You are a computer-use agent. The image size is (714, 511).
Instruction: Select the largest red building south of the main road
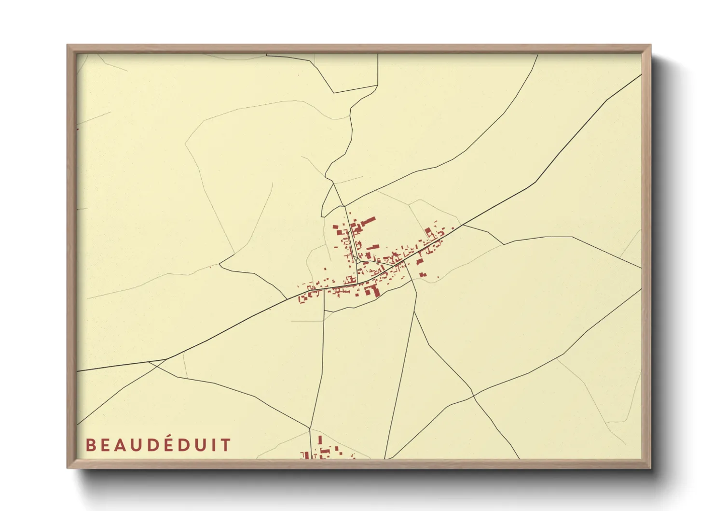(372, 290)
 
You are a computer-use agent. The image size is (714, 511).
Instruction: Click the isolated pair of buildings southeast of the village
(423, 275)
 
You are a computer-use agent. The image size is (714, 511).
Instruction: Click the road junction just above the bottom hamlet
(310, 428)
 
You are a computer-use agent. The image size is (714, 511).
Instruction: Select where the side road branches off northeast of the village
(463, 225)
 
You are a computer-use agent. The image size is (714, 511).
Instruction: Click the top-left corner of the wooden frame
(68, 45)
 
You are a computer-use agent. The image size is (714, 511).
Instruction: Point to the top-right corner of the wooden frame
(650, 45)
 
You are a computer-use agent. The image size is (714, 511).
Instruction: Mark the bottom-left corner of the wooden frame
(68, 468)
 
